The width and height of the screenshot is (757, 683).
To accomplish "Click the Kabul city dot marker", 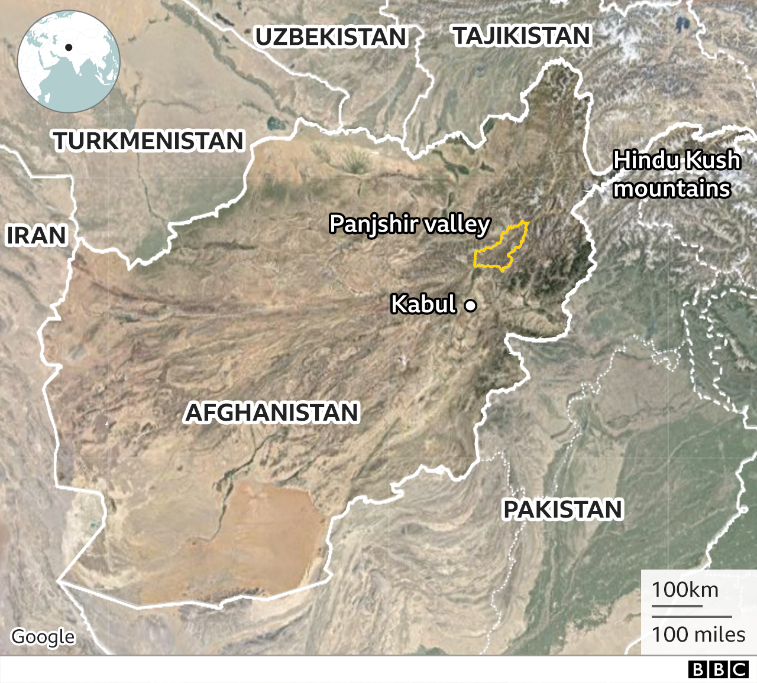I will (471, 305).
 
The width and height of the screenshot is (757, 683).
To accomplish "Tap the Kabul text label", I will (423, 304).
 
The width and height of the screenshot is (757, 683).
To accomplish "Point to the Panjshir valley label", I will (409, 225).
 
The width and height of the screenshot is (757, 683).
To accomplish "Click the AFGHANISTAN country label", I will (272, 412).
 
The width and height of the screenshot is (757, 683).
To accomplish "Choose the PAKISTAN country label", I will (562, 509).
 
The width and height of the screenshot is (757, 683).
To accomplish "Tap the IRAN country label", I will (36, 235).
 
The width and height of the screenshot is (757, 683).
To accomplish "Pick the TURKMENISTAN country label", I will (148, 141).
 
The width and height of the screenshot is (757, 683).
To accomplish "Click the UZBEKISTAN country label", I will (331, 37).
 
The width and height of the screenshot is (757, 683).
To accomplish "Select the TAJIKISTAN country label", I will (522, 36).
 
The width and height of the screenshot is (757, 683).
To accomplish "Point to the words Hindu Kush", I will (677, 160).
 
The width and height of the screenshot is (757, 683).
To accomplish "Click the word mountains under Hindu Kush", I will (672, 189).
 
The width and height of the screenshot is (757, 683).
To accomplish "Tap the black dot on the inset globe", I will (69, 47).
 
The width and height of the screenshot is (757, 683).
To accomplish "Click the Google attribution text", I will (43, 636).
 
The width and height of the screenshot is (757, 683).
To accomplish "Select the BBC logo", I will (719, 669).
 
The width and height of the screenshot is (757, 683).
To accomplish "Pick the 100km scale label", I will (685, 590).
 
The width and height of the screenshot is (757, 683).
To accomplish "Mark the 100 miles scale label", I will (698, 635).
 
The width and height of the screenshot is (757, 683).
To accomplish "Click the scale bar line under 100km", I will (677, 606).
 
